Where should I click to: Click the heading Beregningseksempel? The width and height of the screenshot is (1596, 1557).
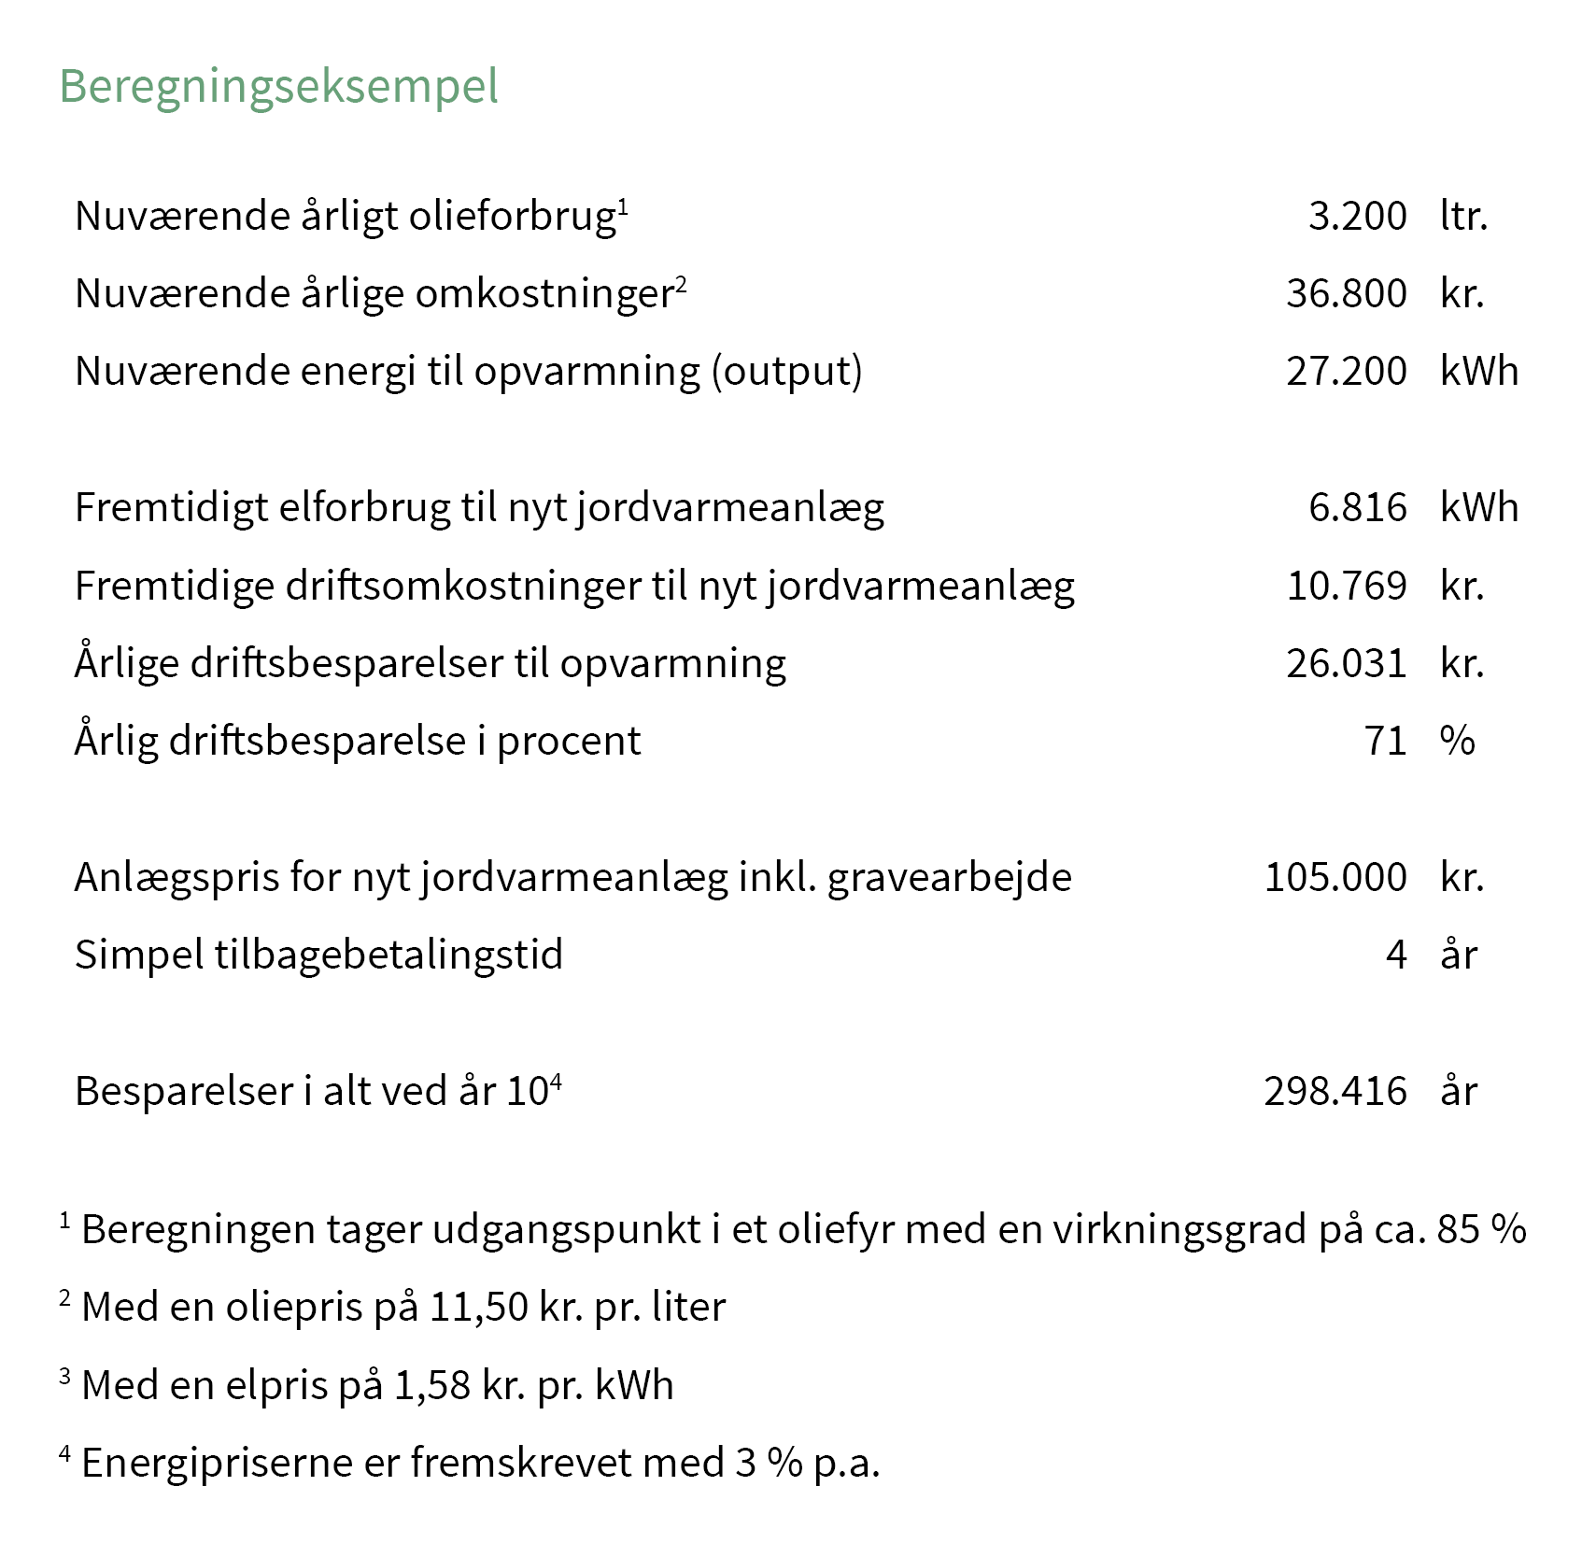[278, 87]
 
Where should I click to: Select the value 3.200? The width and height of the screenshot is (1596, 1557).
[1357, 216]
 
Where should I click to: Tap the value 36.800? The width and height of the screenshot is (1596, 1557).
[1346, 293]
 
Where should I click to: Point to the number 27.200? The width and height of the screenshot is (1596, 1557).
[1346, 371]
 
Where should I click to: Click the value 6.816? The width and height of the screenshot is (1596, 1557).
[1357, 507]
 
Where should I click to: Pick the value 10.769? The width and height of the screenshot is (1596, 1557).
[1346, 586]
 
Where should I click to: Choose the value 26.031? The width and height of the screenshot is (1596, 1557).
[1346, 663]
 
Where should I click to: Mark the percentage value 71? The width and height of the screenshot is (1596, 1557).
[1385, 741]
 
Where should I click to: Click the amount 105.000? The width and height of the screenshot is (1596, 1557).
[1335, 877]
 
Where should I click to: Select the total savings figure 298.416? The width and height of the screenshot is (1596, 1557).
[1335, 1091]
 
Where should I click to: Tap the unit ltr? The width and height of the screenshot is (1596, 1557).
[1463, 216]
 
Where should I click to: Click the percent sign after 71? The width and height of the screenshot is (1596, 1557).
[1457, 741]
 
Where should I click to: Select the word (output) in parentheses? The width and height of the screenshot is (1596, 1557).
[786, 371]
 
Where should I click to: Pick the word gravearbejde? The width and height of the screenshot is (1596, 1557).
[949, 878]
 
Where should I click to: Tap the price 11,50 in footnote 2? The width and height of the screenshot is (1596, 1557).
[478, 1307]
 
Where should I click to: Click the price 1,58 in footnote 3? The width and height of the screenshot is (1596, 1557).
[431, 1385]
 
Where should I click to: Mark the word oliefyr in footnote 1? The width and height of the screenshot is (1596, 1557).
[835, 1229]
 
